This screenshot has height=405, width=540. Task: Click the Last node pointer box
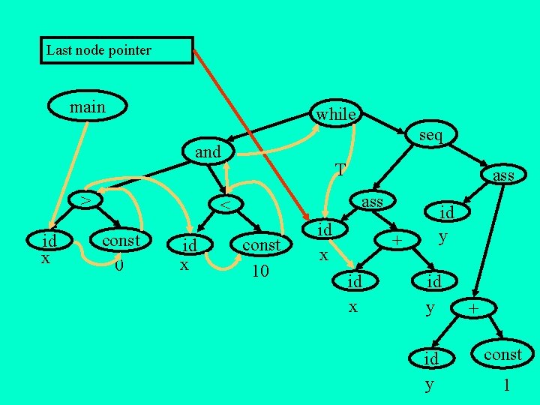point(116,50)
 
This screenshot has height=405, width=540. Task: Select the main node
point(87,107)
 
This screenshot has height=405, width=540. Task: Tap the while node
point(334,114)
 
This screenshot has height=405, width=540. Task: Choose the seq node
point(430,135)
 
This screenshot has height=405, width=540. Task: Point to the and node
point(208,152)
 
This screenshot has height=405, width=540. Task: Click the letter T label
point(340,170)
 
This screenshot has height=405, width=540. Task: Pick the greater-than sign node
point(87,200)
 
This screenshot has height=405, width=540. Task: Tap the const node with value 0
point(120,241)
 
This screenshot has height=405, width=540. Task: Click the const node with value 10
point(261,245)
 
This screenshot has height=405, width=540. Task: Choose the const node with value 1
point(502,354)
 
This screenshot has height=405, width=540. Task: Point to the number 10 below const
point(259,270)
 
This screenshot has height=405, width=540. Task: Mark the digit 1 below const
point(507,385)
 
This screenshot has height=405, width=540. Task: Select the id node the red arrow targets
point(324,229)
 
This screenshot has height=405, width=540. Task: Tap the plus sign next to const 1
point(473,309)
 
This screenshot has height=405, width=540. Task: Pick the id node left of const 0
point(49,241)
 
